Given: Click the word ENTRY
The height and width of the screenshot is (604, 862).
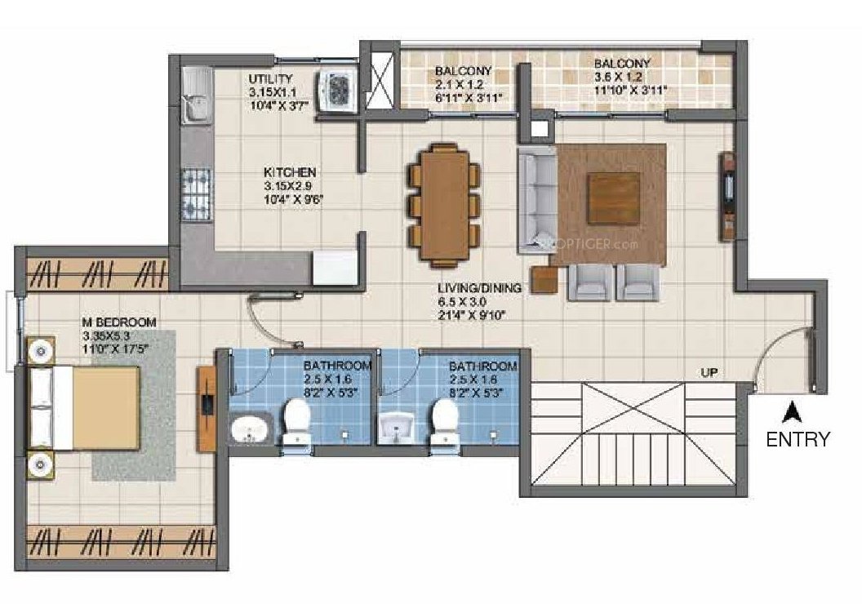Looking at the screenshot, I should (798, 439).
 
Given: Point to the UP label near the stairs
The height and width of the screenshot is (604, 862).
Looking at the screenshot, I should (709, 372).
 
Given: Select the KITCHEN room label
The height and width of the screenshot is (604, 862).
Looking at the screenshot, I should (289, 173).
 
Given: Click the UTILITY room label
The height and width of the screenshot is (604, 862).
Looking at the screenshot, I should (270, 78).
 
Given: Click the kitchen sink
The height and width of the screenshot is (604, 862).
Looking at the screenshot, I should (195, 102).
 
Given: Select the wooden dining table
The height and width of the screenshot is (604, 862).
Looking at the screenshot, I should (443, 204).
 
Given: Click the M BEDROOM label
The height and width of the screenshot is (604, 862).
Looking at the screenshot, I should (118, 322).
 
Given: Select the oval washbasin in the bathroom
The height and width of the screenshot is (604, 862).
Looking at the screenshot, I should (251, 428).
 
